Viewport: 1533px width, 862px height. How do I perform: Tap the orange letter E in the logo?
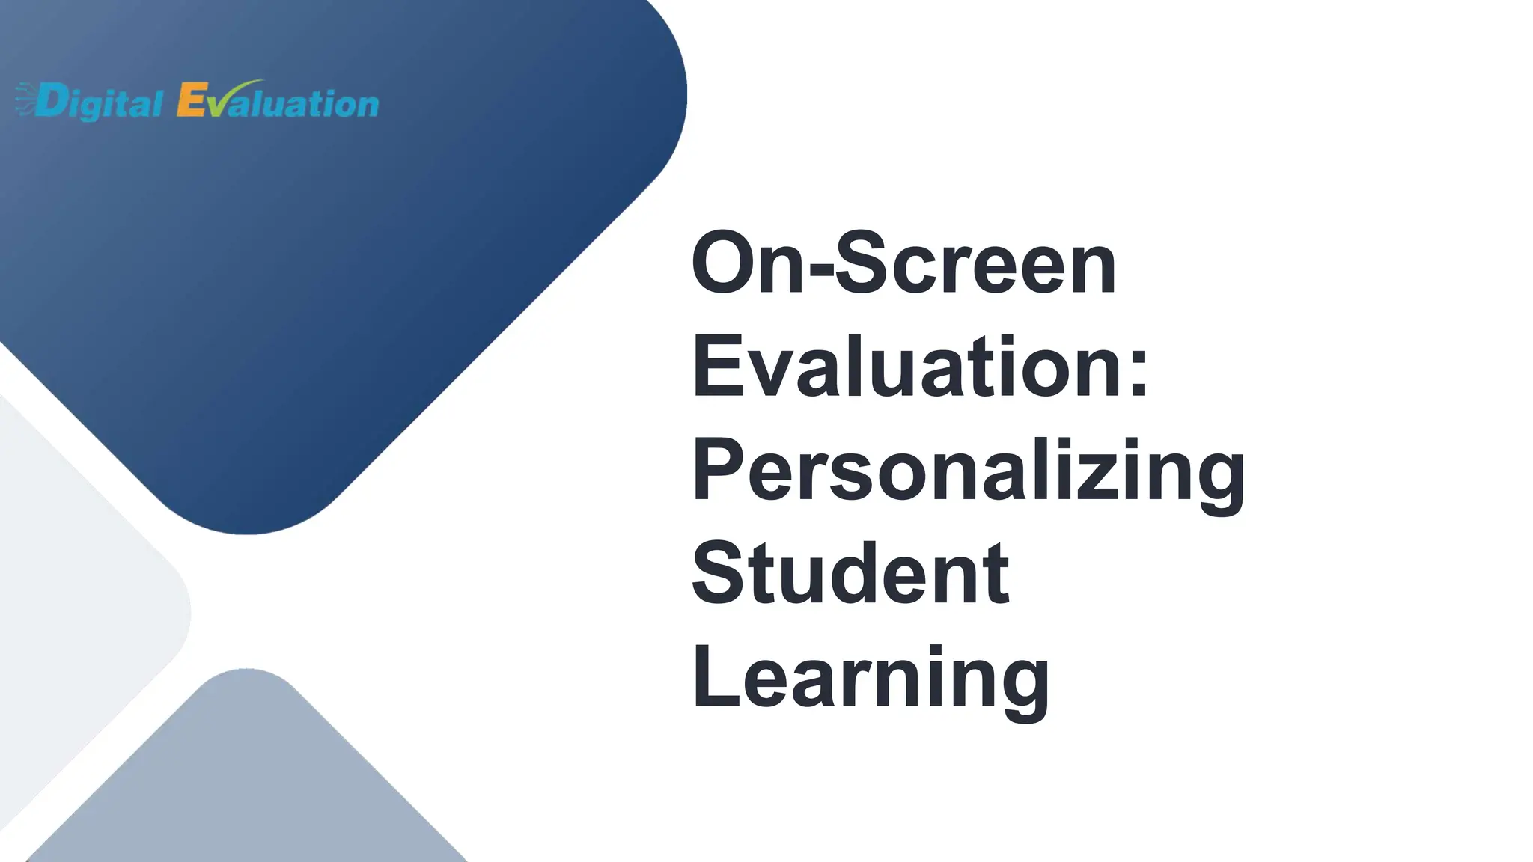tap(190, 100)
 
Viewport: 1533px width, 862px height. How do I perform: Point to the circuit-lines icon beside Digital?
tap(24, 100)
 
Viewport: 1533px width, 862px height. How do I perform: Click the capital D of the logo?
tap(51, 101)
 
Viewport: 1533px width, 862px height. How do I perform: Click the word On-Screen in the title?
tap(903, 263)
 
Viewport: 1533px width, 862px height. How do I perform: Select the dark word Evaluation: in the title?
tap(920, 367)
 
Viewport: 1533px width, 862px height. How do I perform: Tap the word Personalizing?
tap(968, 471)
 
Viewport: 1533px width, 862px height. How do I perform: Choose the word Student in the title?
tap(850, 574)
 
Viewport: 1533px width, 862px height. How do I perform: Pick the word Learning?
tap(871, 678)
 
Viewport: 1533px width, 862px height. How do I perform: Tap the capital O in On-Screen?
tap(723, 263)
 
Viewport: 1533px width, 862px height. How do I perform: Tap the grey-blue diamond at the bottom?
tap(247, 778)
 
